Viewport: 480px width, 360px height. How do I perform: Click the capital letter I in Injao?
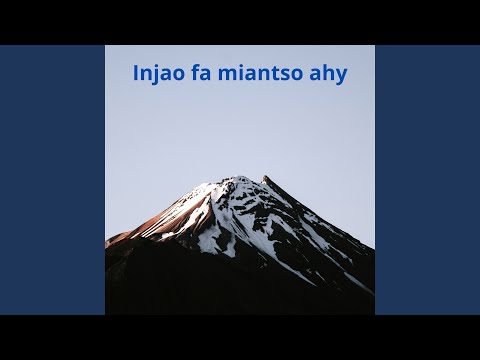coord(136,74)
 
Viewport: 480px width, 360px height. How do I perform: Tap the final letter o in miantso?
coord(300,75)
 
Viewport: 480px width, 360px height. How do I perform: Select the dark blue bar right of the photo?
coord(427,180)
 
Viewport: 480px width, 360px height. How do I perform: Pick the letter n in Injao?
coord(147,75)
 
